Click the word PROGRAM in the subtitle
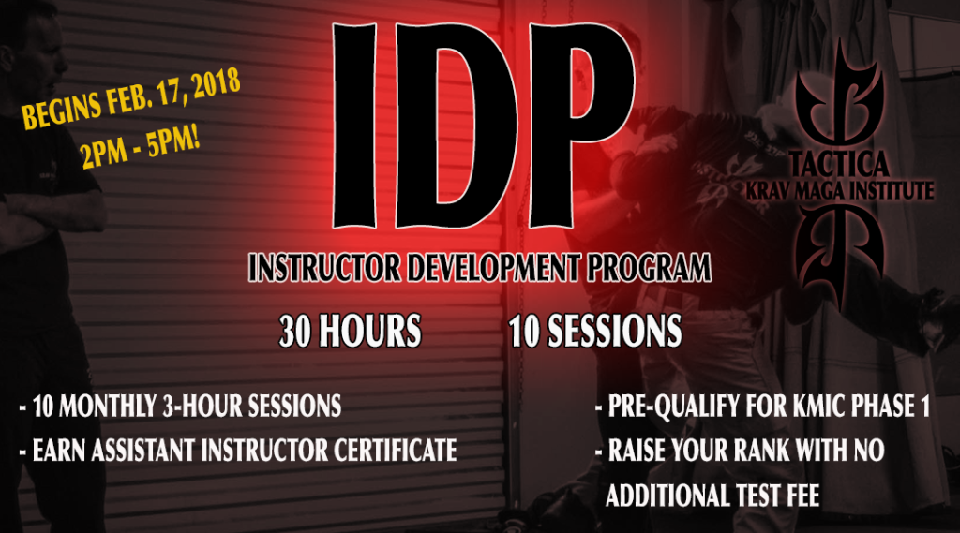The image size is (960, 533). [651, 269]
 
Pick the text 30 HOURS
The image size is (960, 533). [349, 331]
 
